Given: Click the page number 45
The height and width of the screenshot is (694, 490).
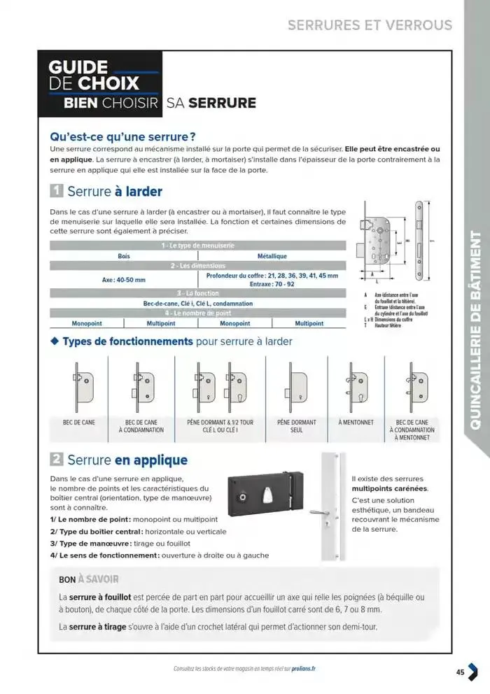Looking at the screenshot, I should pyautogui.click(x=460, y=672).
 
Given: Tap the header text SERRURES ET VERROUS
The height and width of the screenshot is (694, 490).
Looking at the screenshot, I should pyautogui.click(x=370, y=25).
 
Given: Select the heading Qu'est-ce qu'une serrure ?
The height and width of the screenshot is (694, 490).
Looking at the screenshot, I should pyautogui.click(x=122, y=136).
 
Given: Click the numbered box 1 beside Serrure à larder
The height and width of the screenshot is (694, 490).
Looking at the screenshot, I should pyautogui.click(x=57, y=192).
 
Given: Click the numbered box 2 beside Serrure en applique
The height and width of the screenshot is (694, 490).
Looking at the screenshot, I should pyautogui.click(x=57, y=460).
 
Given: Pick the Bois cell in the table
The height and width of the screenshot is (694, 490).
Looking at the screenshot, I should pyautogui.click(x=124, y=257).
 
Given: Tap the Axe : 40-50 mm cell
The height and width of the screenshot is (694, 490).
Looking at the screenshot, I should pyautogui.click(x=124, y=280).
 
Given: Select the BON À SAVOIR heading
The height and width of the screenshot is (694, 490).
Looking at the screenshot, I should pyautogui.click(x=89, y=579).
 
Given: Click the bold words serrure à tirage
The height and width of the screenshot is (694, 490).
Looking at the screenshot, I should pyautogui.click(x=97, y=627).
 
